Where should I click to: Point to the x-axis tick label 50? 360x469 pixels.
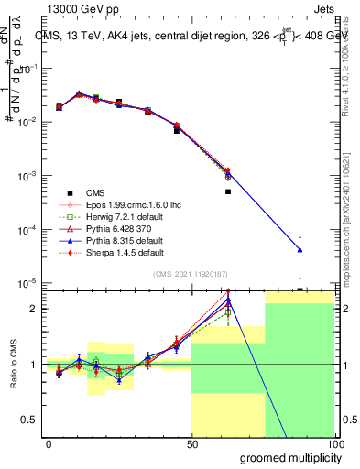191,444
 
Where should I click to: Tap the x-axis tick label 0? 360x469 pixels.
49,444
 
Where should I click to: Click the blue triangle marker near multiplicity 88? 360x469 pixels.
300,250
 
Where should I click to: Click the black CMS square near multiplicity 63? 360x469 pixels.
228,191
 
